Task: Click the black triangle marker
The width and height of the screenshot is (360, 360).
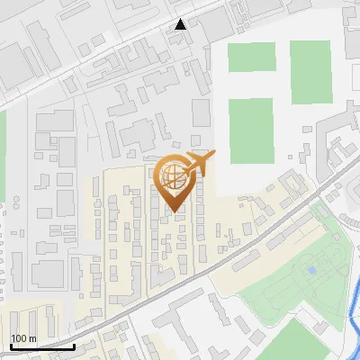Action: click(x=181, y=24)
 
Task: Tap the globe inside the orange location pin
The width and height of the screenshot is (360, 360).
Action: click(x=173, y=175)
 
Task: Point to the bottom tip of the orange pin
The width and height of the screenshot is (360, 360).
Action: click(x=174, y=212)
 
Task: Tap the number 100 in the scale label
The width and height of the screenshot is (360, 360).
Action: click(x=18, y=338)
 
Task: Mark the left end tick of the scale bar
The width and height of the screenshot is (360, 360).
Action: click(x=10, y=345)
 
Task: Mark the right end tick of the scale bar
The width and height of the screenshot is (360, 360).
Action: click(x=75, y=345)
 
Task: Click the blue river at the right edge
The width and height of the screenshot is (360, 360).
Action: click(x=353, y=297)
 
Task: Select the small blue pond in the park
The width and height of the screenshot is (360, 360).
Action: click(x=312, y=269)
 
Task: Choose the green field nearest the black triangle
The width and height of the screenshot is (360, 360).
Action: click(x=251, y=56)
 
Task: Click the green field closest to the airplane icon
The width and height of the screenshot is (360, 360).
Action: click(x=250, y=130)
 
